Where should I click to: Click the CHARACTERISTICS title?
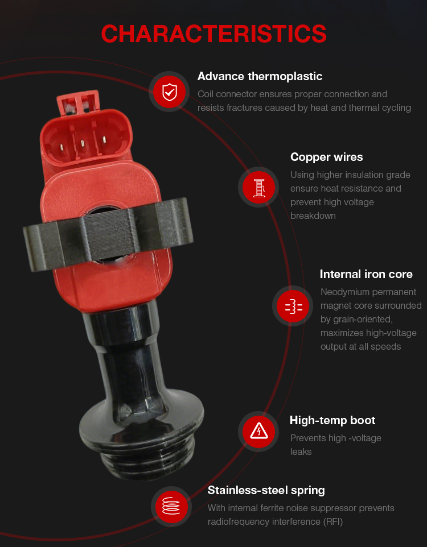coord(213,34)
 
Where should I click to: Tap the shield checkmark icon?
coord(170,92)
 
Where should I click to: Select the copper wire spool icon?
coord(259,188)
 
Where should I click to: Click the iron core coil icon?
coord(294,306)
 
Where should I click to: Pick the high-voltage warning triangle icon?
coord(259,431)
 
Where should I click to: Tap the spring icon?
coord(171,506)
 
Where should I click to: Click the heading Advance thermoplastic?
coord(260,76)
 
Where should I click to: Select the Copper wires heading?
coord(326,158)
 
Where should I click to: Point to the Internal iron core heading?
coord(366,274)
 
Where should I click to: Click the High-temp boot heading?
coord(332,420)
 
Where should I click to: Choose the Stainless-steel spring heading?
coord(266,491)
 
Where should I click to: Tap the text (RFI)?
coord(333,522)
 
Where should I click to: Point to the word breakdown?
coord(313,216)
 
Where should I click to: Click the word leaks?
coord(301,452)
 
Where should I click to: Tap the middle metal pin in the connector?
coord(83,144)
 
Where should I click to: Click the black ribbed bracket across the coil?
coord(108,233)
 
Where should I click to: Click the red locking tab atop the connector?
coord(78,102)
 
